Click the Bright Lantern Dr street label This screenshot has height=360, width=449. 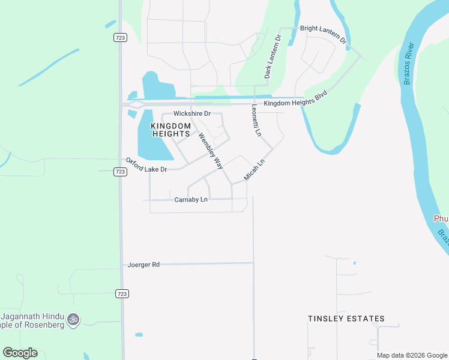(x=323, y=34)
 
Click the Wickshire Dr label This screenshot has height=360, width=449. (x=192, y=113)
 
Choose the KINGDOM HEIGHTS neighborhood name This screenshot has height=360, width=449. (x=170, y=130)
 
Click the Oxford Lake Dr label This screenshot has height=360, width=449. (x=146, y=166)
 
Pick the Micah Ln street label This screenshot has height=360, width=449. (x=255, y=170)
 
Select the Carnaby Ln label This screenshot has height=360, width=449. (x=191, y=199)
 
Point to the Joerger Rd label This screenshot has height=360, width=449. (x=144, y=264)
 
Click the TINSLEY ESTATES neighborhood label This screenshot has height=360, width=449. (x=346, y=319)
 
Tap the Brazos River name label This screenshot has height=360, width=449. (x=409, y=63)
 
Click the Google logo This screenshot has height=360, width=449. (x=20, y=353)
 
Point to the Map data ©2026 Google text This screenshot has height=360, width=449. (x=411, y=355)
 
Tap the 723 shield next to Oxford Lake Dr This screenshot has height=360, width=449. (x=120, y=172)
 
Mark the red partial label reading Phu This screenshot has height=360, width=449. (x=441, y=219)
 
